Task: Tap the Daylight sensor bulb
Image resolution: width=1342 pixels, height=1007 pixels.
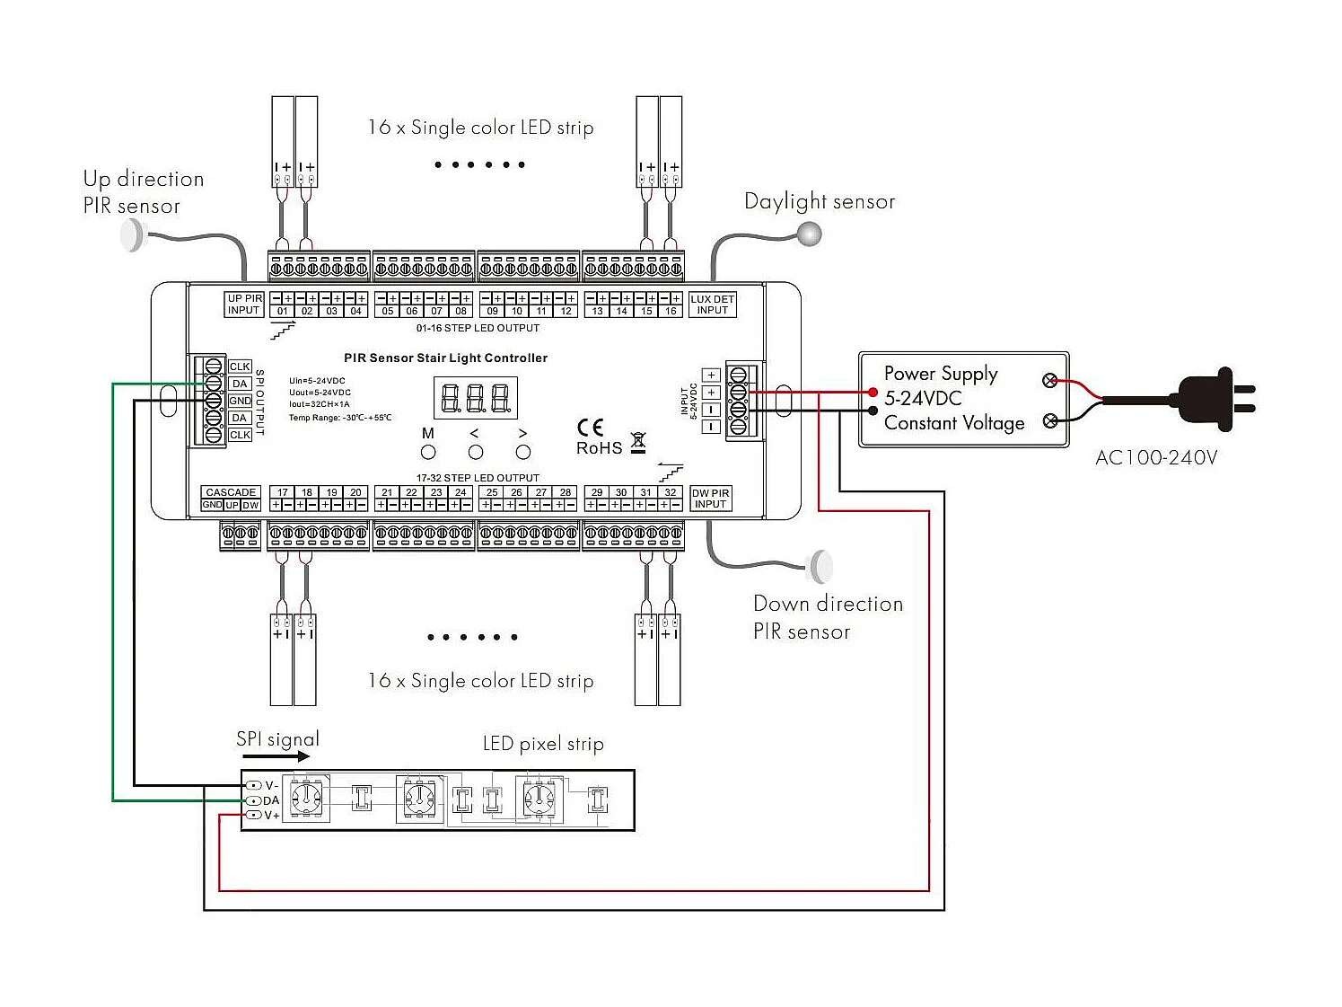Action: point(810,234)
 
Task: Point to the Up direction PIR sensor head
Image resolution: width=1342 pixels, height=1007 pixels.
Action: point(132,235)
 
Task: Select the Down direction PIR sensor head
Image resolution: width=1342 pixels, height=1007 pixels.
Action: point(821,567)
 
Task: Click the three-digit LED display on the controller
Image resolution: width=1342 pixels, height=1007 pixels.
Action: point(476,398)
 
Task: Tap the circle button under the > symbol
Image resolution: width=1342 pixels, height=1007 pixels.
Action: point(523,452)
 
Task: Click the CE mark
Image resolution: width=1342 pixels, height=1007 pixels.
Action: point(590,428)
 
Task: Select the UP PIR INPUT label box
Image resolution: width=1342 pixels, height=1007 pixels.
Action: point(243,305)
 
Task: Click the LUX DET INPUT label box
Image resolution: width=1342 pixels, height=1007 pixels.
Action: point(712,305)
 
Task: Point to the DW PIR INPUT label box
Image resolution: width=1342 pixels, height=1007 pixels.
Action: point(710,499)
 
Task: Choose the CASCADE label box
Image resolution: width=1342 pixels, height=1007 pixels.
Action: point(231,492)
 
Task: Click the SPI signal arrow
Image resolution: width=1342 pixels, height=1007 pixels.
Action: point(277,756)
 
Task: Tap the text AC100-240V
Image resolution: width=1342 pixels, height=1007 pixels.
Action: point(1156,458)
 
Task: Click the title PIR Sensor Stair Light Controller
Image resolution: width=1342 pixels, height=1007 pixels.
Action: point(445,358)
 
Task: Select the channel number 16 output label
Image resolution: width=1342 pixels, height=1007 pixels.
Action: point(671,311)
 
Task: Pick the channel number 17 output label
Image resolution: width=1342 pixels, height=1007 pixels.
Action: point(282,492)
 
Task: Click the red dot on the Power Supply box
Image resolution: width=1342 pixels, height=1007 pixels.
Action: point(873,393)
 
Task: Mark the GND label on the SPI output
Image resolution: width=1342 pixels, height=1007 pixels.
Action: point(240,401)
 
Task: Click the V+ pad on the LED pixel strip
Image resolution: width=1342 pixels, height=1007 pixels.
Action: point(255,815)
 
